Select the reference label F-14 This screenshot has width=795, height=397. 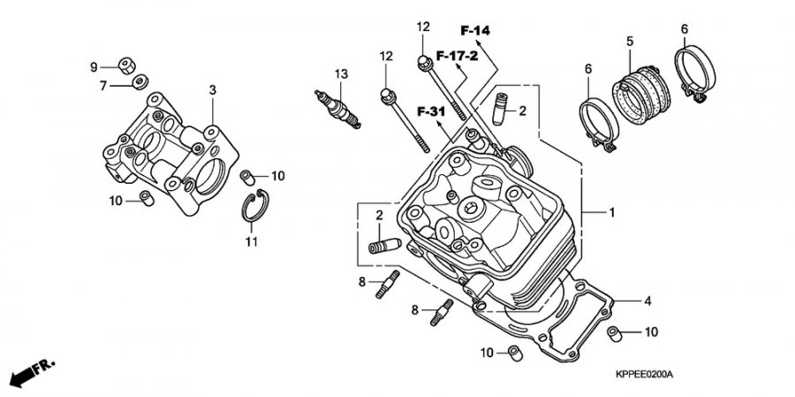point(474,31)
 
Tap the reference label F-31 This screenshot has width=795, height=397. point(431,111)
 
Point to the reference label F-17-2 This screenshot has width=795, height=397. point(456,56)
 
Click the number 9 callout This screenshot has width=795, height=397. point(93,66)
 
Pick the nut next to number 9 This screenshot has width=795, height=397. point(125,64)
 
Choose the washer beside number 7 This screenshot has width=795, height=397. point(138,83)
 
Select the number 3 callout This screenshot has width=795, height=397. point(213,90)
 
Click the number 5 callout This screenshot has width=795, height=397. point(630,42)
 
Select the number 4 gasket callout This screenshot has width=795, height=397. point(647,302)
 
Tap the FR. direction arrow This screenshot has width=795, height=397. point(32,370)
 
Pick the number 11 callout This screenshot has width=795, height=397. point(251,241)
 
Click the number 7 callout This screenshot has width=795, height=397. point(102,85)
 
